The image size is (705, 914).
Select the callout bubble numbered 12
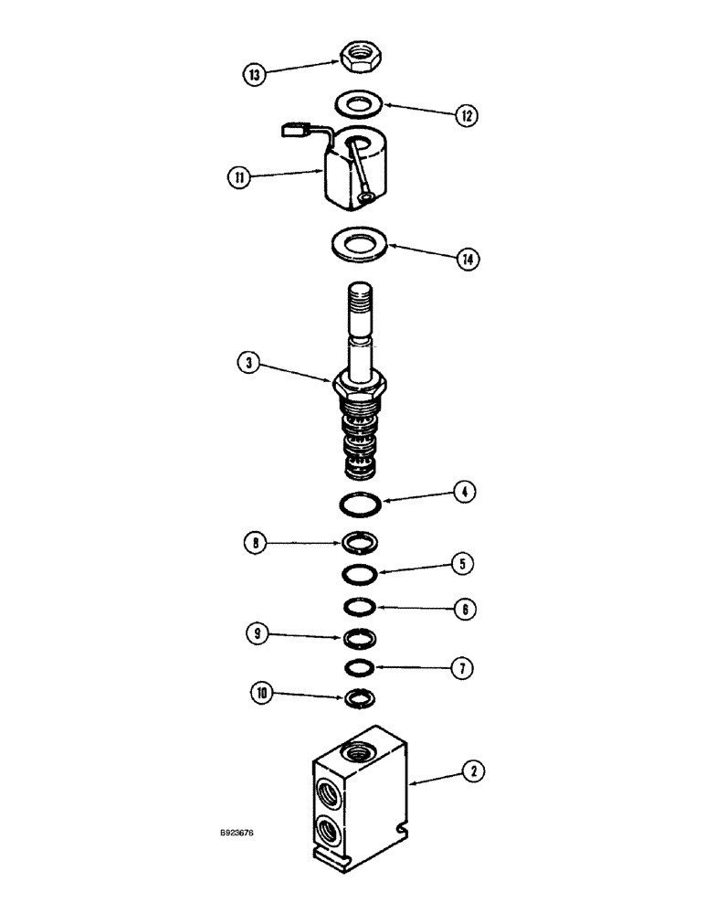coord(466,115)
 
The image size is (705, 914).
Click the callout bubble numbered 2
coord(471,771)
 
